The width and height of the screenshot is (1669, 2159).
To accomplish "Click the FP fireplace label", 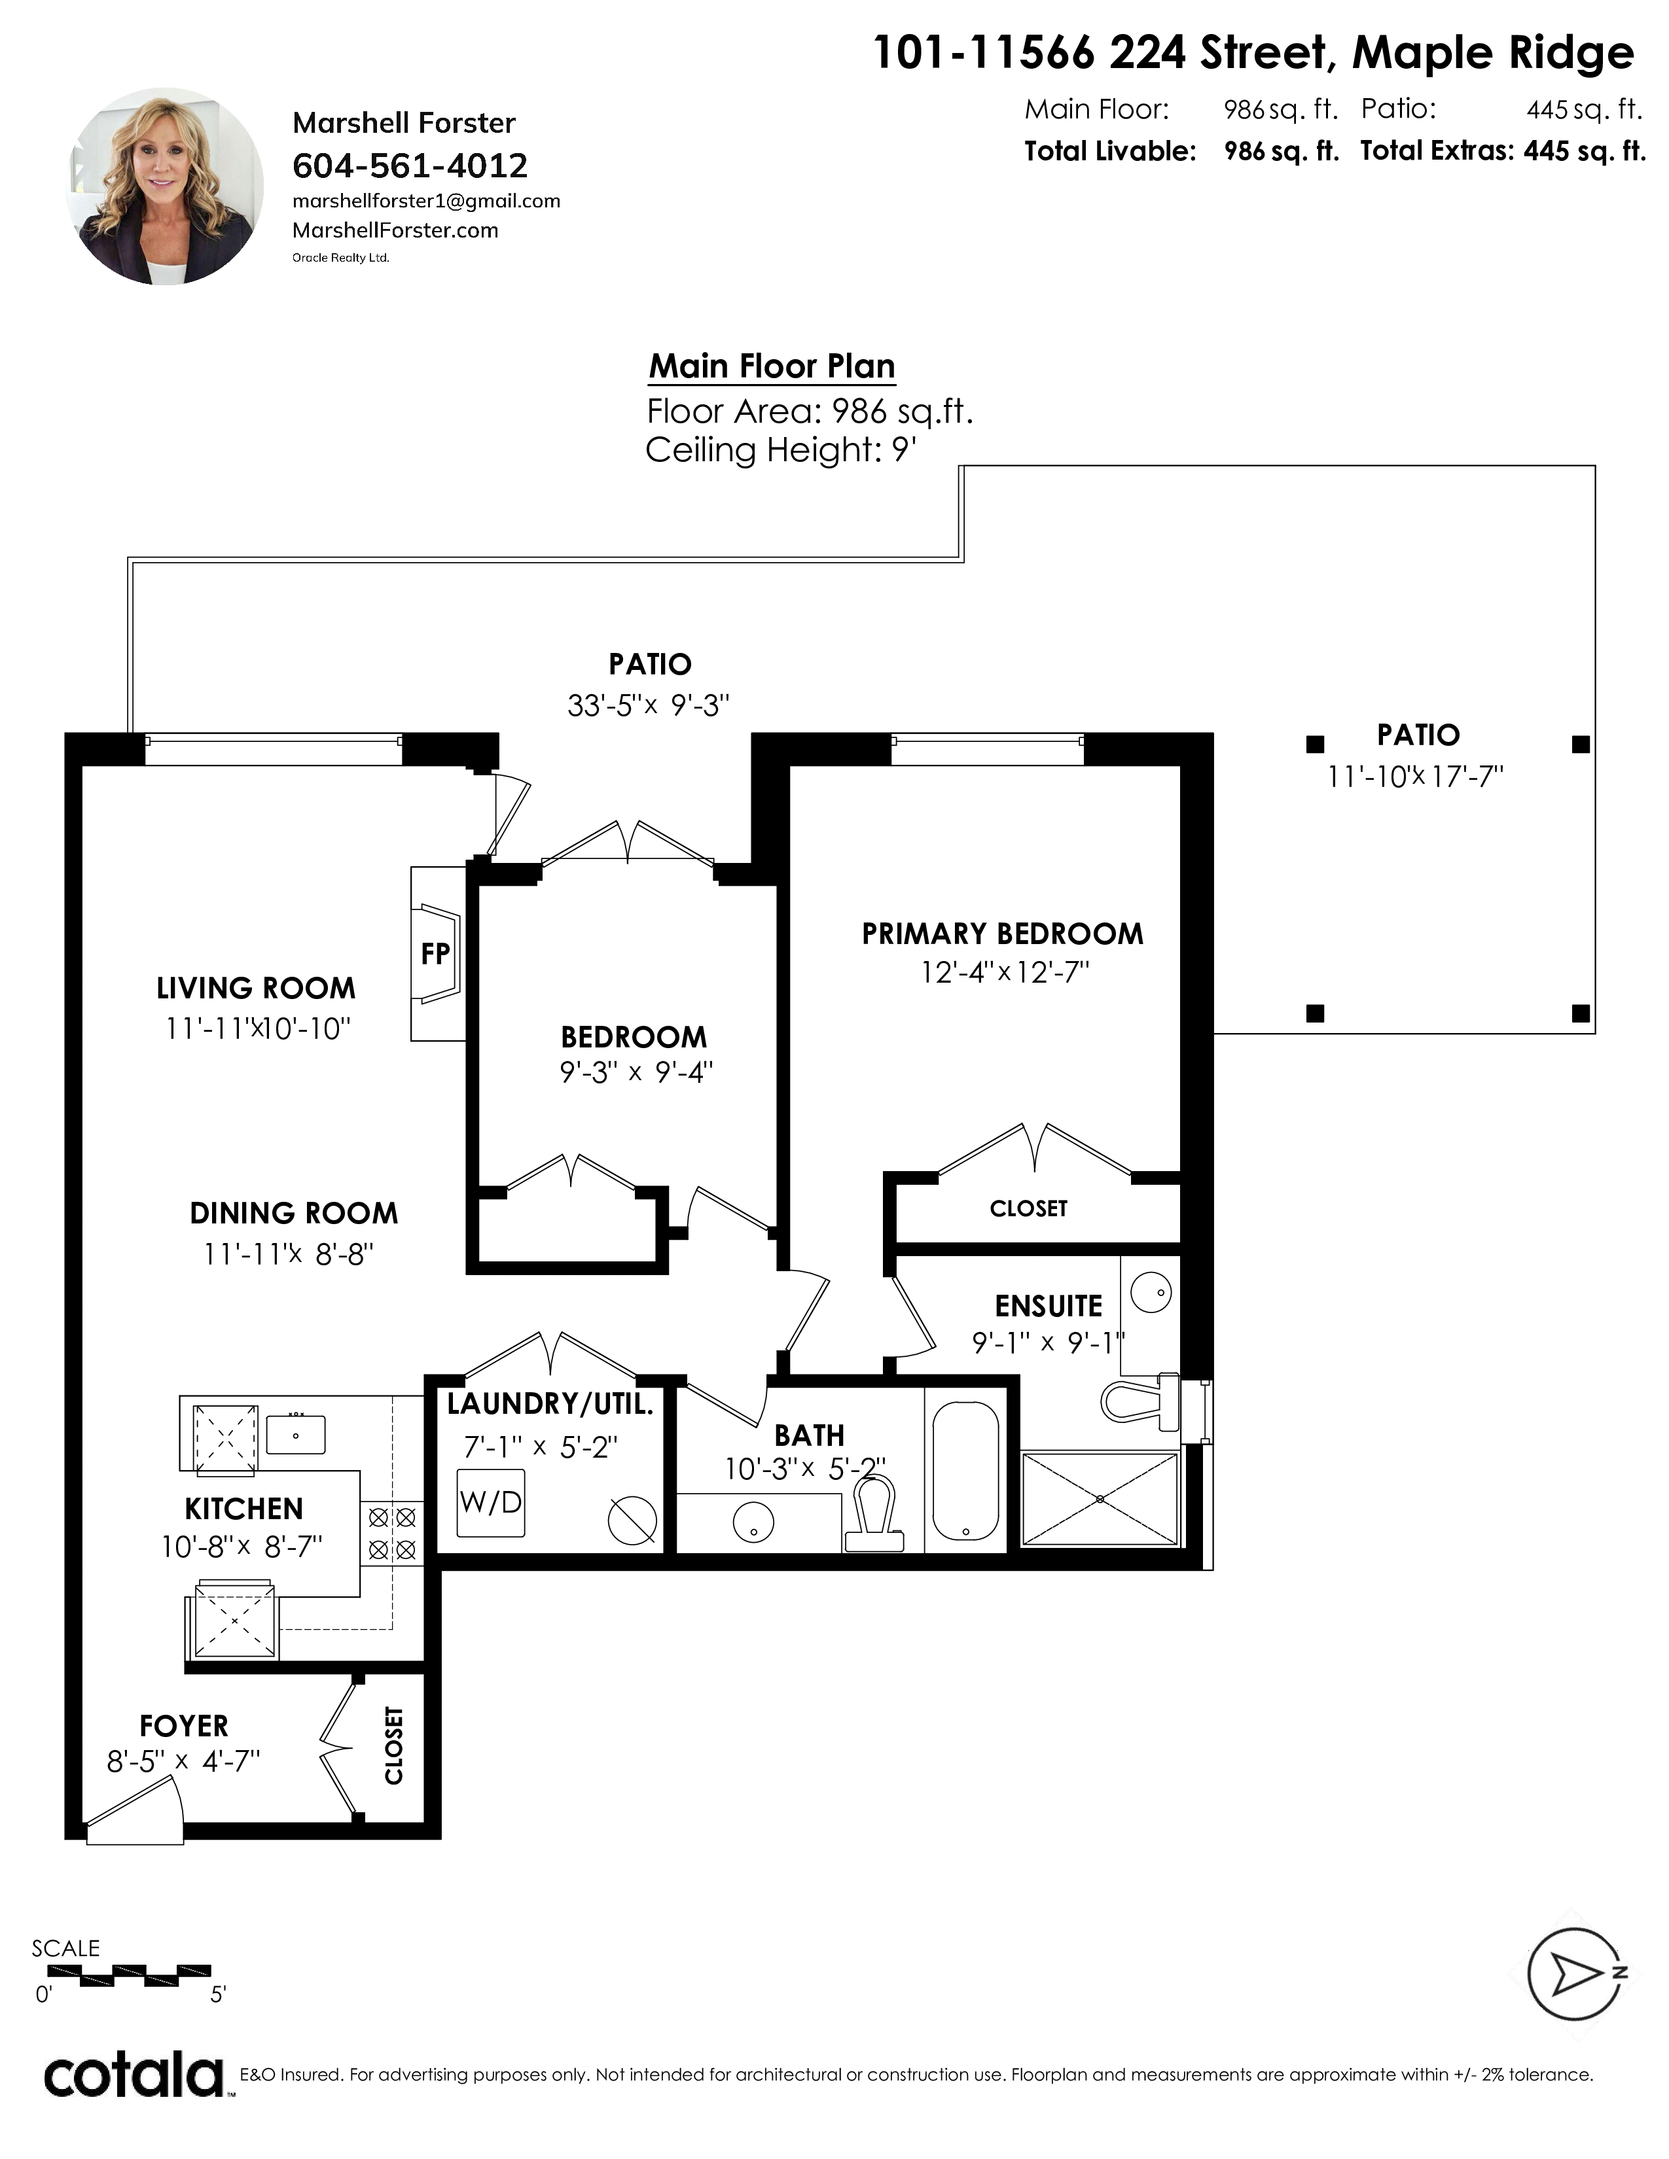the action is point(435,954).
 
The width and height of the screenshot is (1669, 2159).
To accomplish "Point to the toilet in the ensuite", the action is point(1141,1399).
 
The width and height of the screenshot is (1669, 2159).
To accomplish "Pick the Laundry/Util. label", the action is point(550,1404).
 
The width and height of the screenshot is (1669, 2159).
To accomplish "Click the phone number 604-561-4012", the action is point(410,165).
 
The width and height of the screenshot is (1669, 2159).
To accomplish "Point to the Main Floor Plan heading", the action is point(772,366).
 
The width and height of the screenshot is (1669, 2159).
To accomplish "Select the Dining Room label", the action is point(294,1213).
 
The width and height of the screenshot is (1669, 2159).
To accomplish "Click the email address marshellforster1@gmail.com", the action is point(426,201).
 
